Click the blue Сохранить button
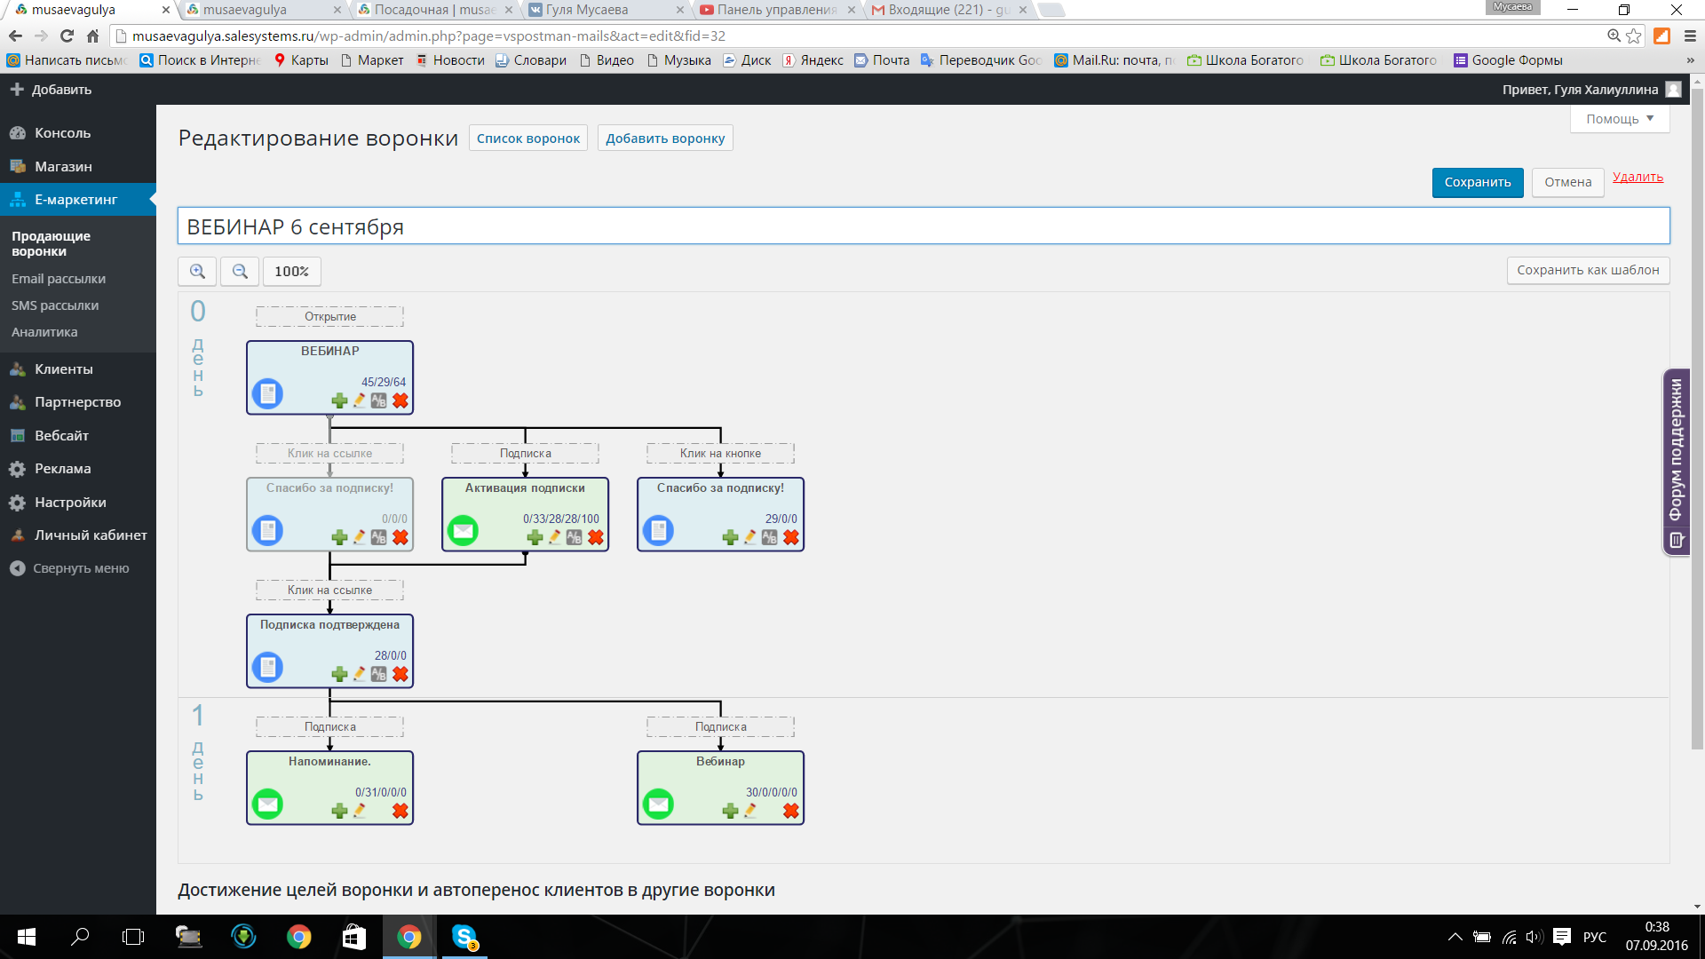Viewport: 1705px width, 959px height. [1477, 182]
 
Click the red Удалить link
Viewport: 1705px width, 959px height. [1638, 177]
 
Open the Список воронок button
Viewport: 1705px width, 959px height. [527, 139]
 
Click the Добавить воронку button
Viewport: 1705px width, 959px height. [665, 139]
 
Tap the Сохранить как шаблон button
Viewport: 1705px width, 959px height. [1588, 270]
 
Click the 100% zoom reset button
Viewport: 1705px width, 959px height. [291, 272]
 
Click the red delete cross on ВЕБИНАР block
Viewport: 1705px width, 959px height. [400, 400]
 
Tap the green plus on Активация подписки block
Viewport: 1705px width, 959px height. [535, 537]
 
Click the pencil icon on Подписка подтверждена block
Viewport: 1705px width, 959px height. [360, 674]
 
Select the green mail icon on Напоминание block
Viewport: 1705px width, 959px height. [267, 804]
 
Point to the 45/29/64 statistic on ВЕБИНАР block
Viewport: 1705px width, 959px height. [383, 382]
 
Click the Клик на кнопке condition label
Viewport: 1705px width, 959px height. [720, 454]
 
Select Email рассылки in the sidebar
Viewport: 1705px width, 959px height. [59, 279]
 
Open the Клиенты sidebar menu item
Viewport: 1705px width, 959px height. [63, 369]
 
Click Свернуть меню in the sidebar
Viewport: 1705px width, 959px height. [80, 568]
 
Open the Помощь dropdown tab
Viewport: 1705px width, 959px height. [1620, 119]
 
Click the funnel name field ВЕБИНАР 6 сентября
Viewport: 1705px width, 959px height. [924, 226]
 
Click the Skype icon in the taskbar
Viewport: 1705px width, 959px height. [464, 937]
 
